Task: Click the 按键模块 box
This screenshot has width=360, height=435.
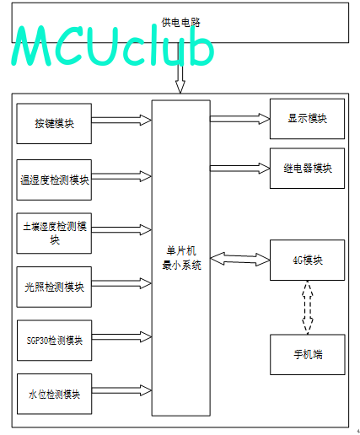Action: click(x=54, y=124)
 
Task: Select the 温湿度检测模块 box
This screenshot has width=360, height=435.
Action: click(x=54, y=180)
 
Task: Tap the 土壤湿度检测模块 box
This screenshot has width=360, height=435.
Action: click(x=54, y=234)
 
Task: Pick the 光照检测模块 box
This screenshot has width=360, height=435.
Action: click(x=54, y=287)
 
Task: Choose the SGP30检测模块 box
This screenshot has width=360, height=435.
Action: click(x=54, y=341)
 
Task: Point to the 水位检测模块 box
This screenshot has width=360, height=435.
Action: click(x=54, y=394)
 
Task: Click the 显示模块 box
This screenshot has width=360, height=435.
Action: click(x=307, y=119)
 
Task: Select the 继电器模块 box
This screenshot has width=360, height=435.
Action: click(x=307, y=169)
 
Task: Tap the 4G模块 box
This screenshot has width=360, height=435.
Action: click(x=307, y=260)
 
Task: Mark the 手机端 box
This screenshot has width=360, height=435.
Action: click(x=308, y=355)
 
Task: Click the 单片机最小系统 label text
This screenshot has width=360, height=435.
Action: click(x=181, y=258)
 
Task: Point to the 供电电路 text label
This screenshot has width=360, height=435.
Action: click(x=180, y=23)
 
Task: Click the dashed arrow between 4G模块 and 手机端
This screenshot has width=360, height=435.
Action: click(x=308, y=308)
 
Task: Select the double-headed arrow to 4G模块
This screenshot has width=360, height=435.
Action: click(x=240, y=259)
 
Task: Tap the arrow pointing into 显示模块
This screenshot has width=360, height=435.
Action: click(x=240, y=119)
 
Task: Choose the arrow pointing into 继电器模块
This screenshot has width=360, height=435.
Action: click(x=240, y=169)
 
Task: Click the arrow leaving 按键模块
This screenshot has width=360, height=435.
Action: click(x=121, y=121)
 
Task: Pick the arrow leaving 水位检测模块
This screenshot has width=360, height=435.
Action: click(x=121, y=390)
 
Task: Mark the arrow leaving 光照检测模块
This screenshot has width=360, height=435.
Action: click(x=121, y=283)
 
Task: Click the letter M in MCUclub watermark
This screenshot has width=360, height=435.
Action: click(x=31, y=46)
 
